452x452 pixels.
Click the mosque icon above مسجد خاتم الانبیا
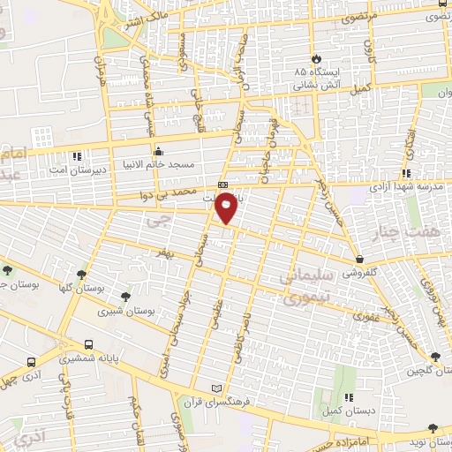(x=158, y=149)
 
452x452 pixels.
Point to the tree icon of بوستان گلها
(x=84, y=275)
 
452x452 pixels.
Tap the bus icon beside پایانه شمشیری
(x=87, y=345)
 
